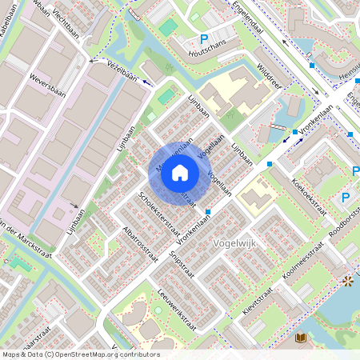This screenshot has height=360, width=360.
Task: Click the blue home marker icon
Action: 180,172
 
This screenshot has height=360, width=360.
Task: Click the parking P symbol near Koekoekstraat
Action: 346,198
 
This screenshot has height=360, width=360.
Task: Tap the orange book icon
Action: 301,338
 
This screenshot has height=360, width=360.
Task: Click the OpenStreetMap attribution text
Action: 80,354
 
